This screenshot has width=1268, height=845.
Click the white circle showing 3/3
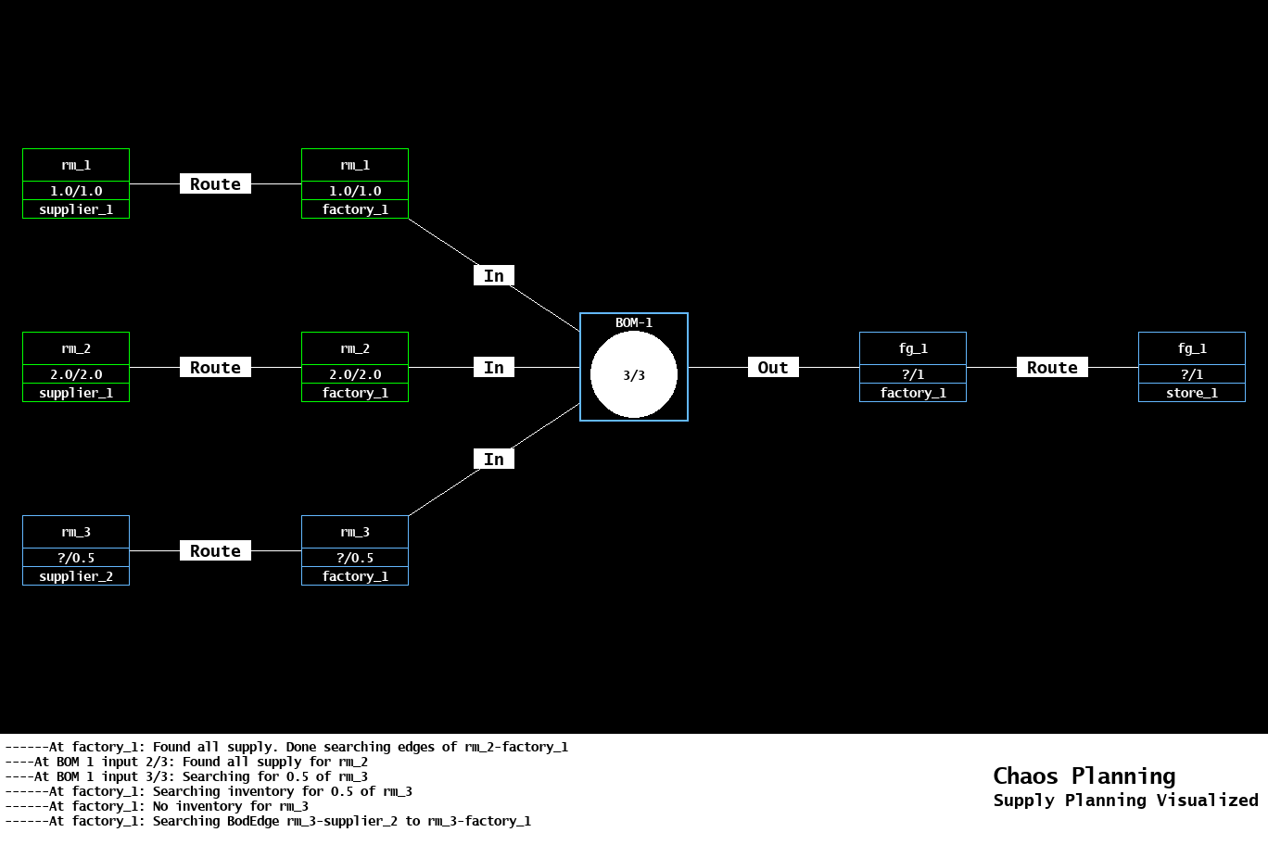[634, 375]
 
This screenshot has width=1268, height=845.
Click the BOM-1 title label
[634, 322]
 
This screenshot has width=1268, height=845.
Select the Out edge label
[773, 368]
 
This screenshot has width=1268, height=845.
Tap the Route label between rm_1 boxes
[215, 184]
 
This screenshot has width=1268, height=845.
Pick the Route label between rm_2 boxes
[215, 368]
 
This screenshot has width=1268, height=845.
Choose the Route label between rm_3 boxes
[215, 551]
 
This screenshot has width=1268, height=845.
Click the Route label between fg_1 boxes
[1052, 368]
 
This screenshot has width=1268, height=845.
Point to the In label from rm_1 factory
[494, 276]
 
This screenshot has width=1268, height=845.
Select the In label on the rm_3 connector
[494, 460]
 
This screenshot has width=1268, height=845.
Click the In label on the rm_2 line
[494, 368]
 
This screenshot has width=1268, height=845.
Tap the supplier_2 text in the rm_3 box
[76, 576]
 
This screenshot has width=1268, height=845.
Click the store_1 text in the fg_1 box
[1192, 393]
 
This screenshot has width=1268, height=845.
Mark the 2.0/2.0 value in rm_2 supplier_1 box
[76, 374]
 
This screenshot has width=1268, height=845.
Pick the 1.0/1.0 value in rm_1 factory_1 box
[355, 191]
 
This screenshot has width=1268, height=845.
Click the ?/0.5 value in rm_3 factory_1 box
[355, 558]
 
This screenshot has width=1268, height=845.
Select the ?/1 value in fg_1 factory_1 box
[913, 374]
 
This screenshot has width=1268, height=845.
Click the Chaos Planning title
[1084, 776]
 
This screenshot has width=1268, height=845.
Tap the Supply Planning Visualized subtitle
[1125, 800]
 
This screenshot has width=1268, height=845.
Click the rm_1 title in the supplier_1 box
[76, 165]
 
